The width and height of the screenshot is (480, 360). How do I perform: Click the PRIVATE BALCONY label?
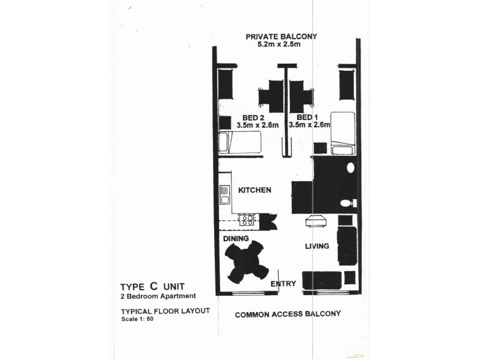[282, 37]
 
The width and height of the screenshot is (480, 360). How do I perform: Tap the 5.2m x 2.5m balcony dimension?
[281, 46]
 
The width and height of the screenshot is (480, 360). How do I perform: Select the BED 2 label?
[253, 118]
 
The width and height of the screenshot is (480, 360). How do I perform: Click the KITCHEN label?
[255, 190]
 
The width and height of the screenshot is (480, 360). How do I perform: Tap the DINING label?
[236, 239]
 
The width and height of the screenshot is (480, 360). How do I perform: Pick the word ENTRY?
[282, 284]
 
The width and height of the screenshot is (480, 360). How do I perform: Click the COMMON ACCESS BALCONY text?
[288, 314]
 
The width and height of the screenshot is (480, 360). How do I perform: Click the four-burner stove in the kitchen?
[247, 220]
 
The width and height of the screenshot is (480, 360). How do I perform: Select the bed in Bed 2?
[240, 143]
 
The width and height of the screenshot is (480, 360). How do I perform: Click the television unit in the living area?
[315, 223]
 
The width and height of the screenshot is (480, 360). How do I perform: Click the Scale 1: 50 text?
[137, 319]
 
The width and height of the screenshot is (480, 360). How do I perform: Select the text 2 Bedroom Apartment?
[158, 296]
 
